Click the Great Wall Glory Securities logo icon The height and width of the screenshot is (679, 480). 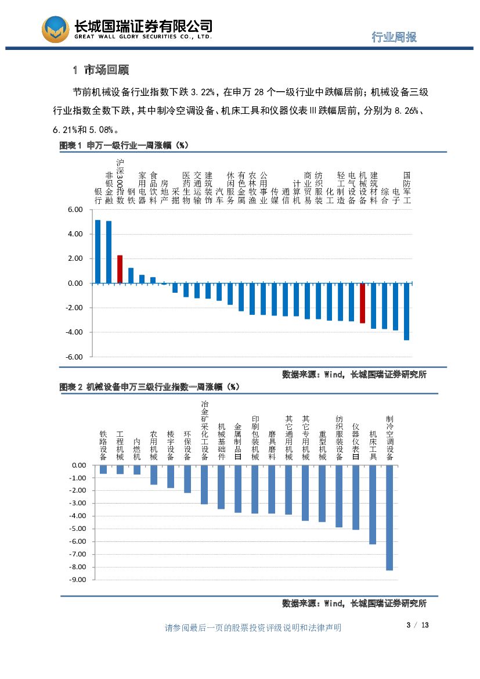55,29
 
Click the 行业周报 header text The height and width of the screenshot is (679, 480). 394,37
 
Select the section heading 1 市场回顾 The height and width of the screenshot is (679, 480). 101,70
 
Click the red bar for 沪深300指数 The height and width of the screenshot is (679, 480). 120,269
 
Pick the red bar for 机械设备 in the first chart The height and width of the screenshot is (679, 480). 362,303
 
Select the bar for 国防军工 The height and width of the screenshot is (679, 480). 406,311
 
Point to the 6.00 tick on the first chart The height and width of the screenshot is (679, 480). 75,210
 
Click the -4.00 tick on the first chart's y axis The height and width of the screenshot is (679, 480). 75,332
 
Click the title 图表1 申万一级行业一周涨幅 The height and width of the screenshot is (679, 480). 124,145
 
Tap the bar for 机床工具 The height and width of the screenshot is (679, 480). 373,504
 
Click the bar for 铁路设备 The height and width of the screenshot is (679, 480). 103,469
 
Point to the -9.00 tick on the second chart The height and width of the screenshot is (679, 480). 78,580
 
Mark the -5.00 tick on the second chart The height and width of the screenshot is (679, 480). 78,529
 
